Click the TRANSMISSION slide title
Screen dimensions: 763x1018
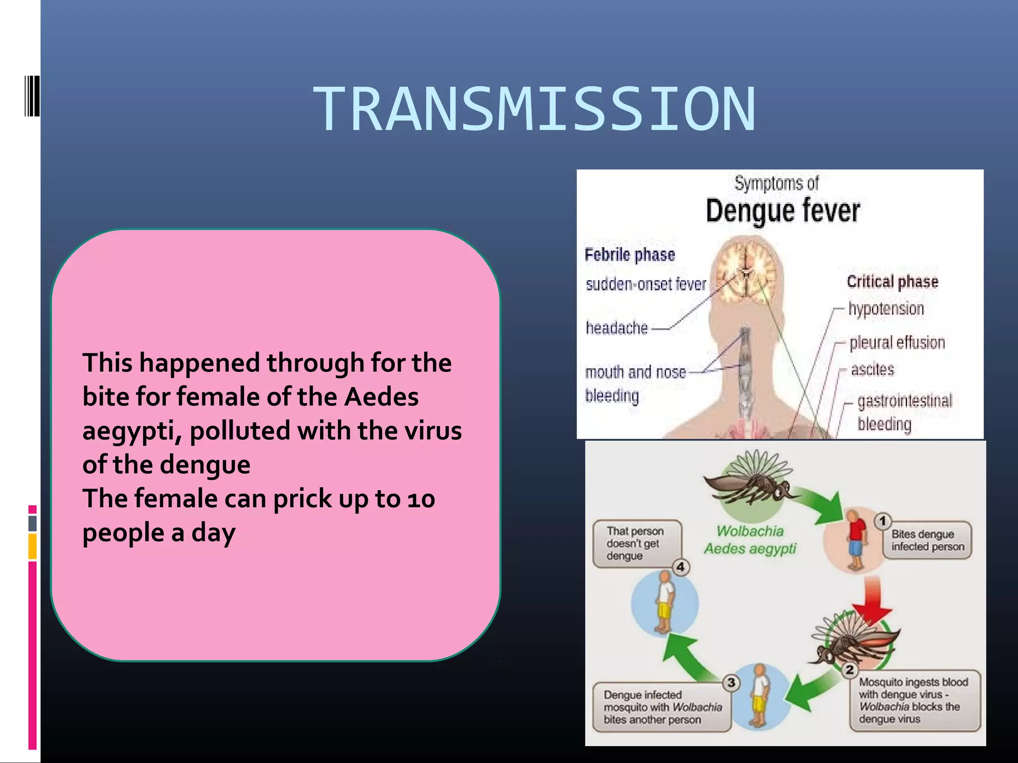tap(534, 110)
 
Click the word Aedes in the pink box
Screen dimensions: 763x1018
tap(381, 396)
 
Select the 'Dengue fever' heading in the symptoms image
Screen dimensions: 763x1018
tap(782, 211)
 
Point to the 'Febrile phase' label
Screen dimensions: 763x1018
tap(629, 255)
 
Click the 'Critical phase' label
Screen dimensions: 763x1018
tap(892, 282)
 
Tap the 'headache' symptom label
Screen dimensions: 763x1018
tap(616, 328)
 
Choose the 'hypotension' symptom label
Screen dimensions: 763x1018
tap(886, 308)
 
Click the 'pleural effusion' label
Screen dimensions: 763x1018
tap(897, 342)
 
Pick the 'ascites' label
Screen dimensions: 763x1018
tap(872, 370)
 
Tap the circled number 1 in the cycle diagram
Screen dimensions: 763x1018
tap(882, 521)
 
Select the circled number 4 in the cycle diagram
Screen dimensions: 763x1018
tap(680, 567)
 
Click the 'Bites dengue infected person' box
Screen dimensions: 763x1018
tap(927, 540)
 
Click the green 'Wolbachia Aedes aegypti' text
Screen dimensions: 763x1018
tap(750, 540)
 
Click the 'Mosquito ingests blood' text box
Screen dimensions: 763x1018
tap(914, 700)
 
